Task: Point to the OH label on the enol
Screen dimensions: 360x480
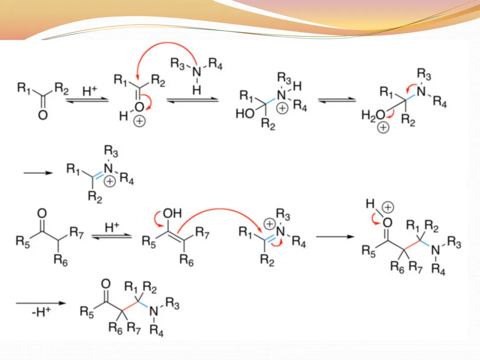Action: [174, 213]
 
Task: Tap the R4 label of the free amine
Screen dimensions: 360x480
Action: [216, 64]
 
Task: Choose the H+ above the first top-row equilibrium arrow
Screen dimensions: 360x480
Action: [90, 92]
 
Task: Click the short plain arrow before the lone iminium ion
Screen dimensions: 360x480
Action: [38, 173]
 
